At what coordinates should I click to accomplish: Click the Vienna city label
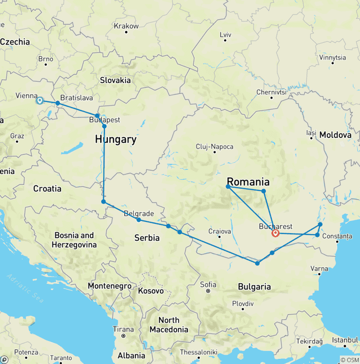coord(27,96)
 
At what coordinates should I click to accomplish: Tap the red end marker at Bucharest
coord(276,233)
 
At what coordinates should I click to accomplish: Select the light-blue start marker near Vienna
coord(40,100)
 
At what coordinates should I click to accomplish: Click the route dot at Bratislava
coord(58,103)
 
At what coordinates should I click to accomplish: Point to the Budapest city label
coord(105,120)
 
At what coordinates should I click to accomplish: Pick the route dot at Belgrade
coord(139,220)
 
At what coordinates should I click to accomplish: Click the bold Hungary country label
coord(116,139)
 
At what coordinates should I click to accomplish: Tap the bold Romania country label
coord(248,182)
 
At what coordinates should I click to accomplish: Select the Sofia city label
coord(208,284)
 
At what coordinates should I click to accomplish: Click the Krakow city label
coord(126,26)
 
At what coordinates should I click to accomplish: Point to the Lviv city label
coord(225,35)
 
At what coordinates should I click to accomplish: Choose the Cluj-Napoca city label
coord(215,147)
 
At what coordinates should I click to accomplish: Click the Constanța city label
coord(337,236)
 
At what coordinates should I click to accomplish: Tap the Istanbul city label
coord(342,340)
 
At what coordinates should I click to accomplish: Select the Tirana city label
coord(123,329)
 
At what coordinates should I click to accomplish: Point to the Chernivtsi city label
coord(271,92)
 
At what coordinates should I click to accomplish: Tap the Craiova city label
coord(219,231)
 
